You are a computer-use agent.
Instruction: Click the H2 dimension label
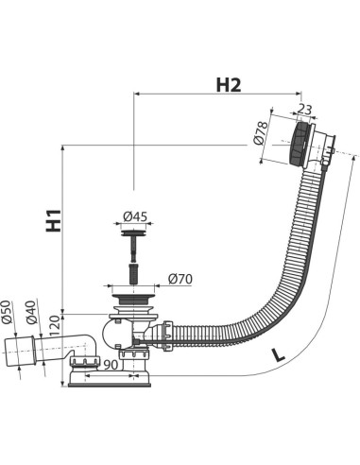point(229,85)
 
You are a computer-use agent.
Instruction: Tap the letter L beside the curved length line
point(277,354)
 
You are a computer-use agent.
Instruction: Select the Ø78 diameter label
point(261,132)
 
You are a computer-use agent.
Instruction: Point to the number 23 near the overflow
point(304,110)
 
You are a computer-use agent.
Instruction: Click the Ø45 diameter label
point(135,216)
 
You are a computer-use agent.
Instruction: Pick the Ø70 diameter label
point(180,279)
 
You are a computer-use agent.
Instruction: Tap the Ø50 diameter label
point(7,312)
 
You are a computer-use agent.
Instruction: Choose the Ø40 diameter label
point(31,313)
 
